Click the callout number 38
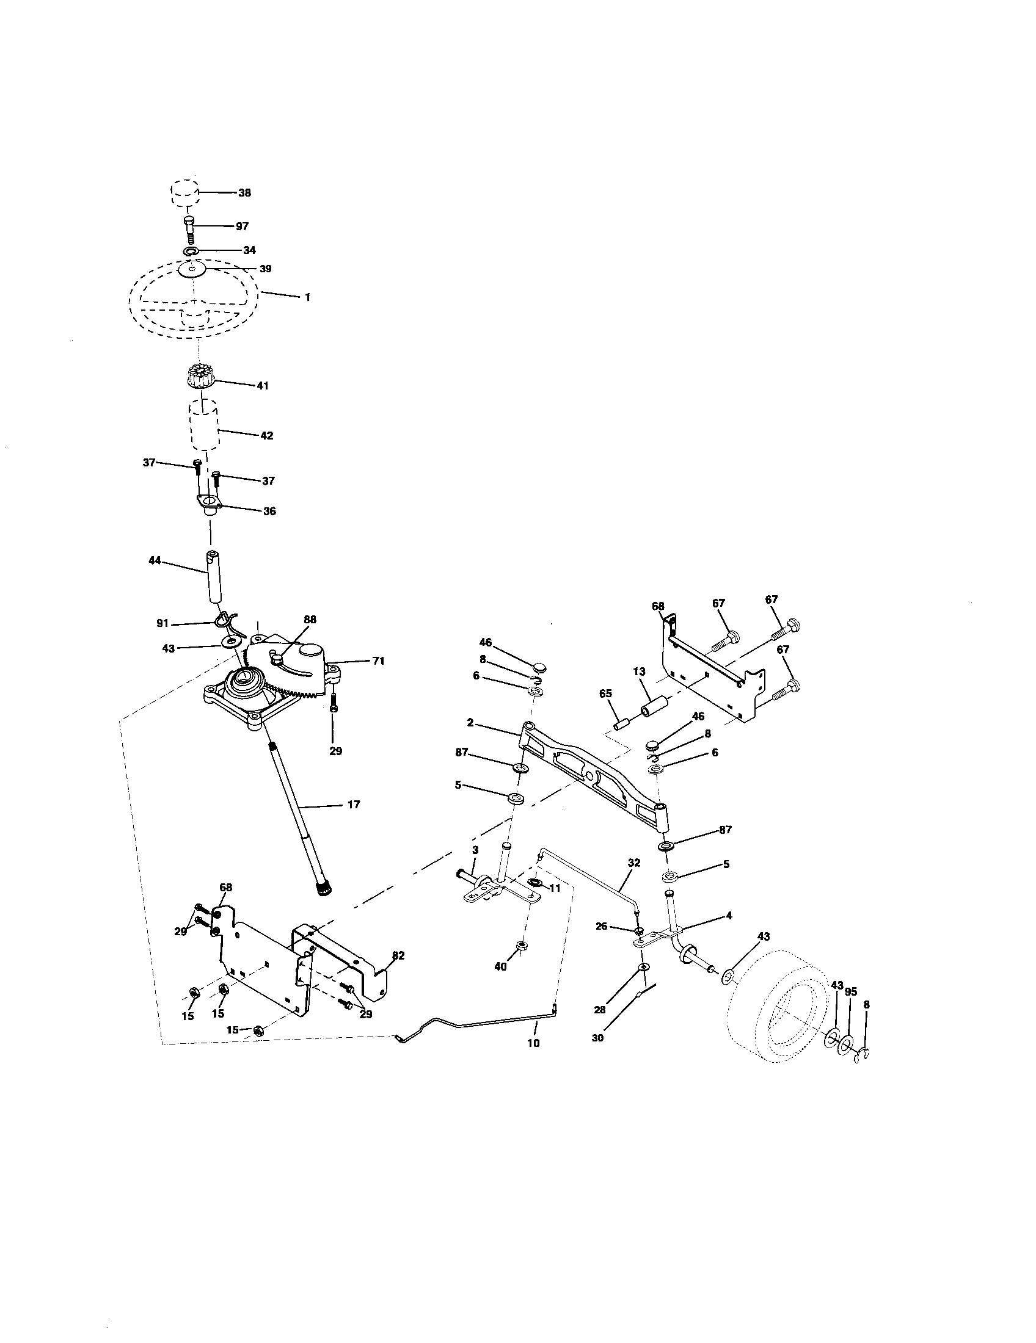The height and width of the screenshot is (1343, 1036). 244,192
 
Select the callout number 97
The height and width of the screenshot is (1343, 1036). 242,226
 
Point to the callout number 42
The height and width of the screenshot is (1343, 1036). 266,435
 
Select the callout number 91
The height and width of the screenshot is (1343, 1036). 162,623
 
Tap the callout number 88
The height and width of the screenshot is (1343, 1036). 310,619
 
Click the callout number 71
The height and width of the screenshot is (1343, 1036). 378,661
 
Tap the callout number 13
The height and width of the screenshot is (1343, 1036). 639,673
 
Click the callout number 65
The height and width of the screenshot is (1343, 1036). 605,693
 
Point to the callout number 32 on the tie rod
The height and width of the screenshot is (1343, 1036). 633,863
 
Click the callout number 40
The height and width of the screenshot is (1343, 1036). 501,967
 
